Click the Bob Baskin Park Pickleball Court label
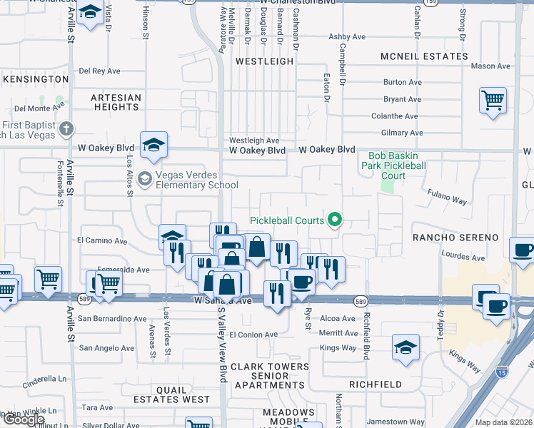(x=393, y=165)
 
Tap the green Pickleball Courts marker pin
(x=333, y=220)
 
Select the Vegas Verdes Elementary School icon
(x=145, y=178)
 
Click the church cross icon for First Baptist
(x=66, y=128)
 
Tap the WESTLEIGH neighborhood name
(x=264, y=62)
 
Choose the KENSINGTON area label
(x=36, y=78)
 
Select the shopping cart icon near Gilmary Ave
(x=493, y=101)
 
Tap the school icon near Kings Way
(x=405, y=347)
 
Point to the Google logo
(x=24, y=419)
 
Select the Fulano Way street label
(x=447, y=197)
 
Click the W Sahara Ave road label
(x=223, y=301)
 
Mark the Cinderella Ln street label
(x=43, y=379)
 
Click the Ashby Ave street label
(x=346, y=36)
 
